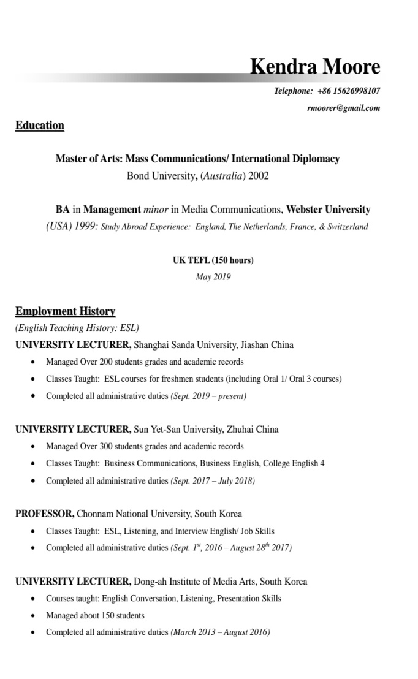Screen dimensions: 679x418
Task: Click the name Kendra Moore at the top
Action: tap(315, 66)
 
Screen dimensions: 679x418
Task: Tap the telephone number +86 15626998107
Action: tap(349, 91)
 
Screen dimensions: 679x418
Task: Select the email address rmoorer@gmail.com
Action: tap(343, 108)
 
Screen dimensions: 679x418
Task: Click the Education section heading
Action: tap(40, 126)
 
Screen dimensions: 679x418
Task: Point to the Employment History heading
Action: tap(66, 311)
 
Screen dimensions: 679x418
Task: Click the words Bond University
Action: tap(161, 176)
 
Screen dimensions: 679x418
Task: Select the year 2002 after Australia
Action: tap(259, 176)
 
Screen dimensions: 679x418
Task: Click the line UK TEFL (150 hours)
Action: tap(213, 260)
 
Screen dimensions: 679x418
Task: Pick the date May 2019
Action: tap(213, 277)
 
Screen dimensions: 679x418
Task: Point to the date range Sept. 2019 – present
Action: tap(208, 396)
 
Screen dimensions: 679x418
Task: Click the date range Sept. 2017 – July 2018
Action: tap(213, 480)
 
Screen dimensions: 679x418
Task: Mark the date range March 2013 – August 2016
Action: tap(220, 632)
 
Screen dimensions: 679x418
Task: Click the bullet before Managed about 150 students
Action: tap(32, 615)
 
